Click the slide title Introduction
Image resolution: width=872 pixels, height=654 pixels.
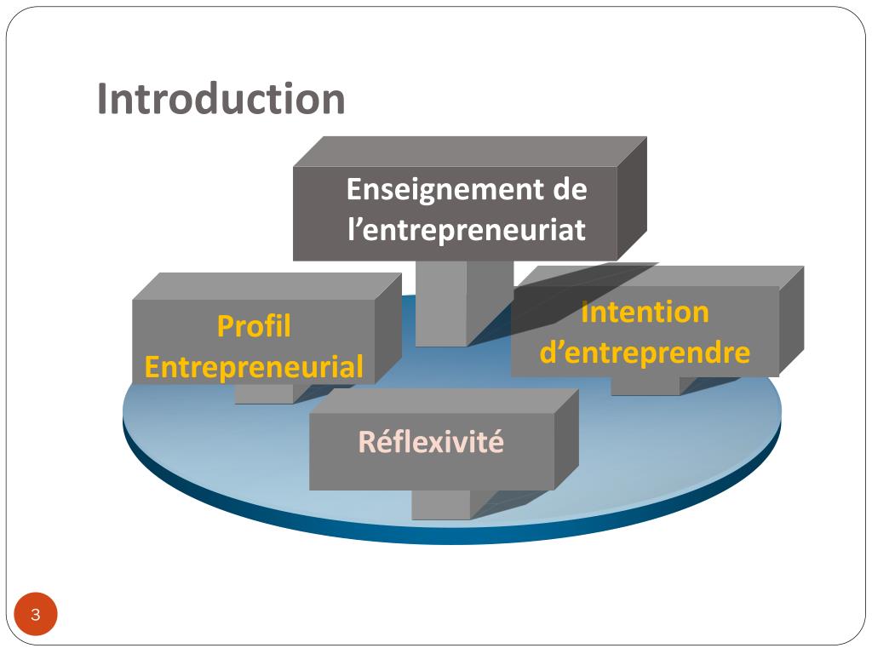(221, 99)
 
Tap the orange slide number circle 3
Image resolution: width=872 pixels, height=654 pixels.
(35, 615)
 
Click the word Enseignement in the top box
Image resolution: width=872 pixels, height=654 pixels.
(443, 189)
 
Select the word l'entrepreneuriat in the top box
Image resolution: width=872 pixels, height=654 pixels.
(466, 230)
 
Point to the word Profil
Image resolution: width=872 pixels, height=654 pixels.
(254, 326)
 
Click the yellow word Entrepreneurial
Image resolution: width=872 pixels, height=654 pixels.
(254, 368)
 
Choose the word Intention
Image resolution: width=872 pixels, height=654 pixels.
(645, 313)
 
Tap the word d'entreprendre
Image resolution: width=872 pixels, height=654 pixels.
(645, 353)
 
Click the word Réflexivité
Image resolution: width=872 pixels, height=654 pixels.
(431, 443)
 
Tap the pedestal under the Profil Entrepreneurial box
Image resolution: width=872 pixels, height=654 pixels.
(264, 393)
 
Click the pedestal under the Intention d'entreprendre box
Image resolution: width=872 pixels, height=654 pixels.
(645, 386)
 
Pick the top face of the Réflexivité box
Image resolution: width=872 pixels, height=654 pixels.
(443, 401)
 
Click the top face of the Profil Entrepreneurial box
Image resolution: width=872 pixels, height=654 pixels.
(266, 286)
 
